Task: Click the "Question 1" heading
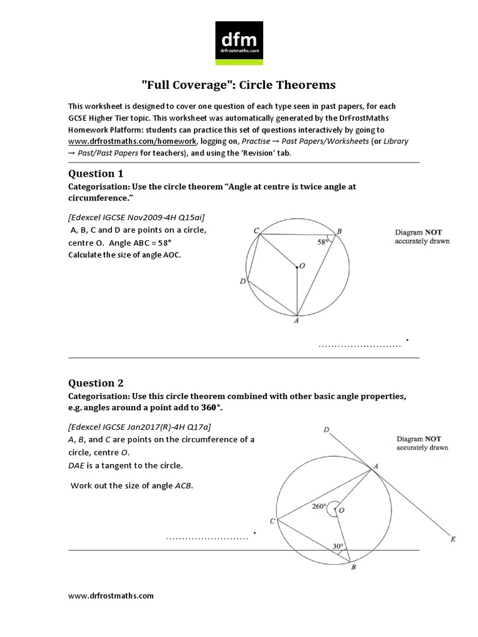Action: (x=91, y=174)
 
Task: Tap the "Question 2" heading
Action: (x=91, y=383)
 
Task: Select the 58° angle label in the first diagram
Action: (x=322, y=243)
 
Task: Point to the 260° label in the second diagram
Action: (x=319, y=506)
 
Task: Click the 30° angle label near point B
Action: (x=338, y=547)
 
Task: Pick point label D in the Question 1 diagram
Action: (x=242, y=282)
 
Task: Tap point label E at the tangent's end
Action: (x=452, y=539)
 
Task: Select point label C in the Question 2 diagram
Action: (x=272, y=521)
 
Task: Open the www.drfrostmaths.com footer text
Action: (x=111, y=596)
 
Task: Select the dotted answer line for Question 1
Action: (x=359, y=345)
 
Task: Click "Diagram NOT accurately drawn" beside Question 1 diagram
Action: (x=422, y=236)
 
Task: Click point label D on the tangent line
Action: (x=326, y=430)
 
